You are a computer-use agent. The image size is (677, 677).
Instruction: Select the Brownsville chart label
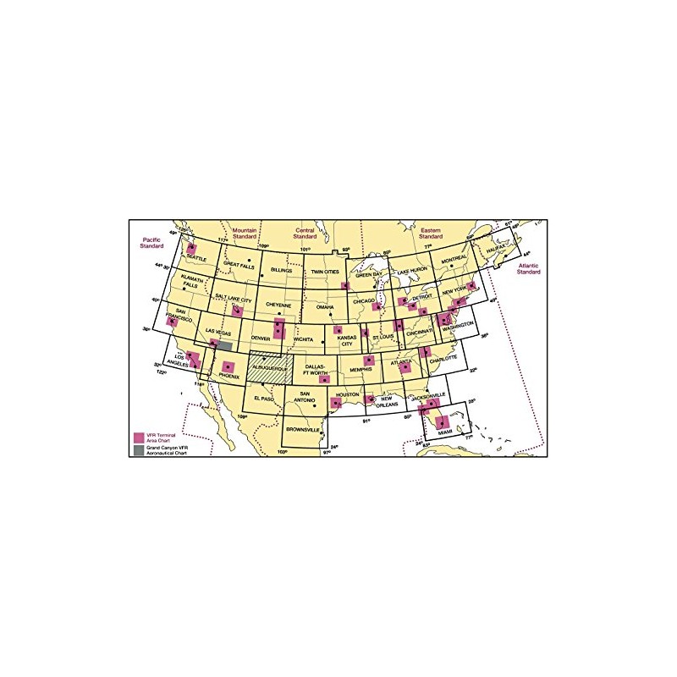(x=303, y=430)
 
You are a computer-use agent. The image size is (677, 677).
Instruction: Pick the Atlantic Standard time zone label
(x=529, y=269)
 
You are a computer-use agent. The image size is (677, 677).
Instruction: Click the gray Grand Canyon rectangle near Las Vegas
(x=223, y=347)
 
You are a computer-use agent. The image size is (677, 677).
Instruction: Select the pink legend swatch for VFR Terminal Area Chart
(x=138, y=437)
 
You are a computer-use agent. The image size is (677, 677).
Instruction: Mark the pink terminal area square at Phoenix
(x=228, y=366)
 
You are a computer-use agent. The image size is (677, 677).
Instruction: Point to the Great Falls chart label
(x=239, y=264)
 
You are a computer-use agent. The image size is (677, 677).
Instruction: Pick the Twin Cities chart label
(x=327, y=272)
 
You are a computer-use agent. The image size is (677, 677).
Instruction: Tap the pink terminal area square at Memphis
(x=368, y=362)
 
